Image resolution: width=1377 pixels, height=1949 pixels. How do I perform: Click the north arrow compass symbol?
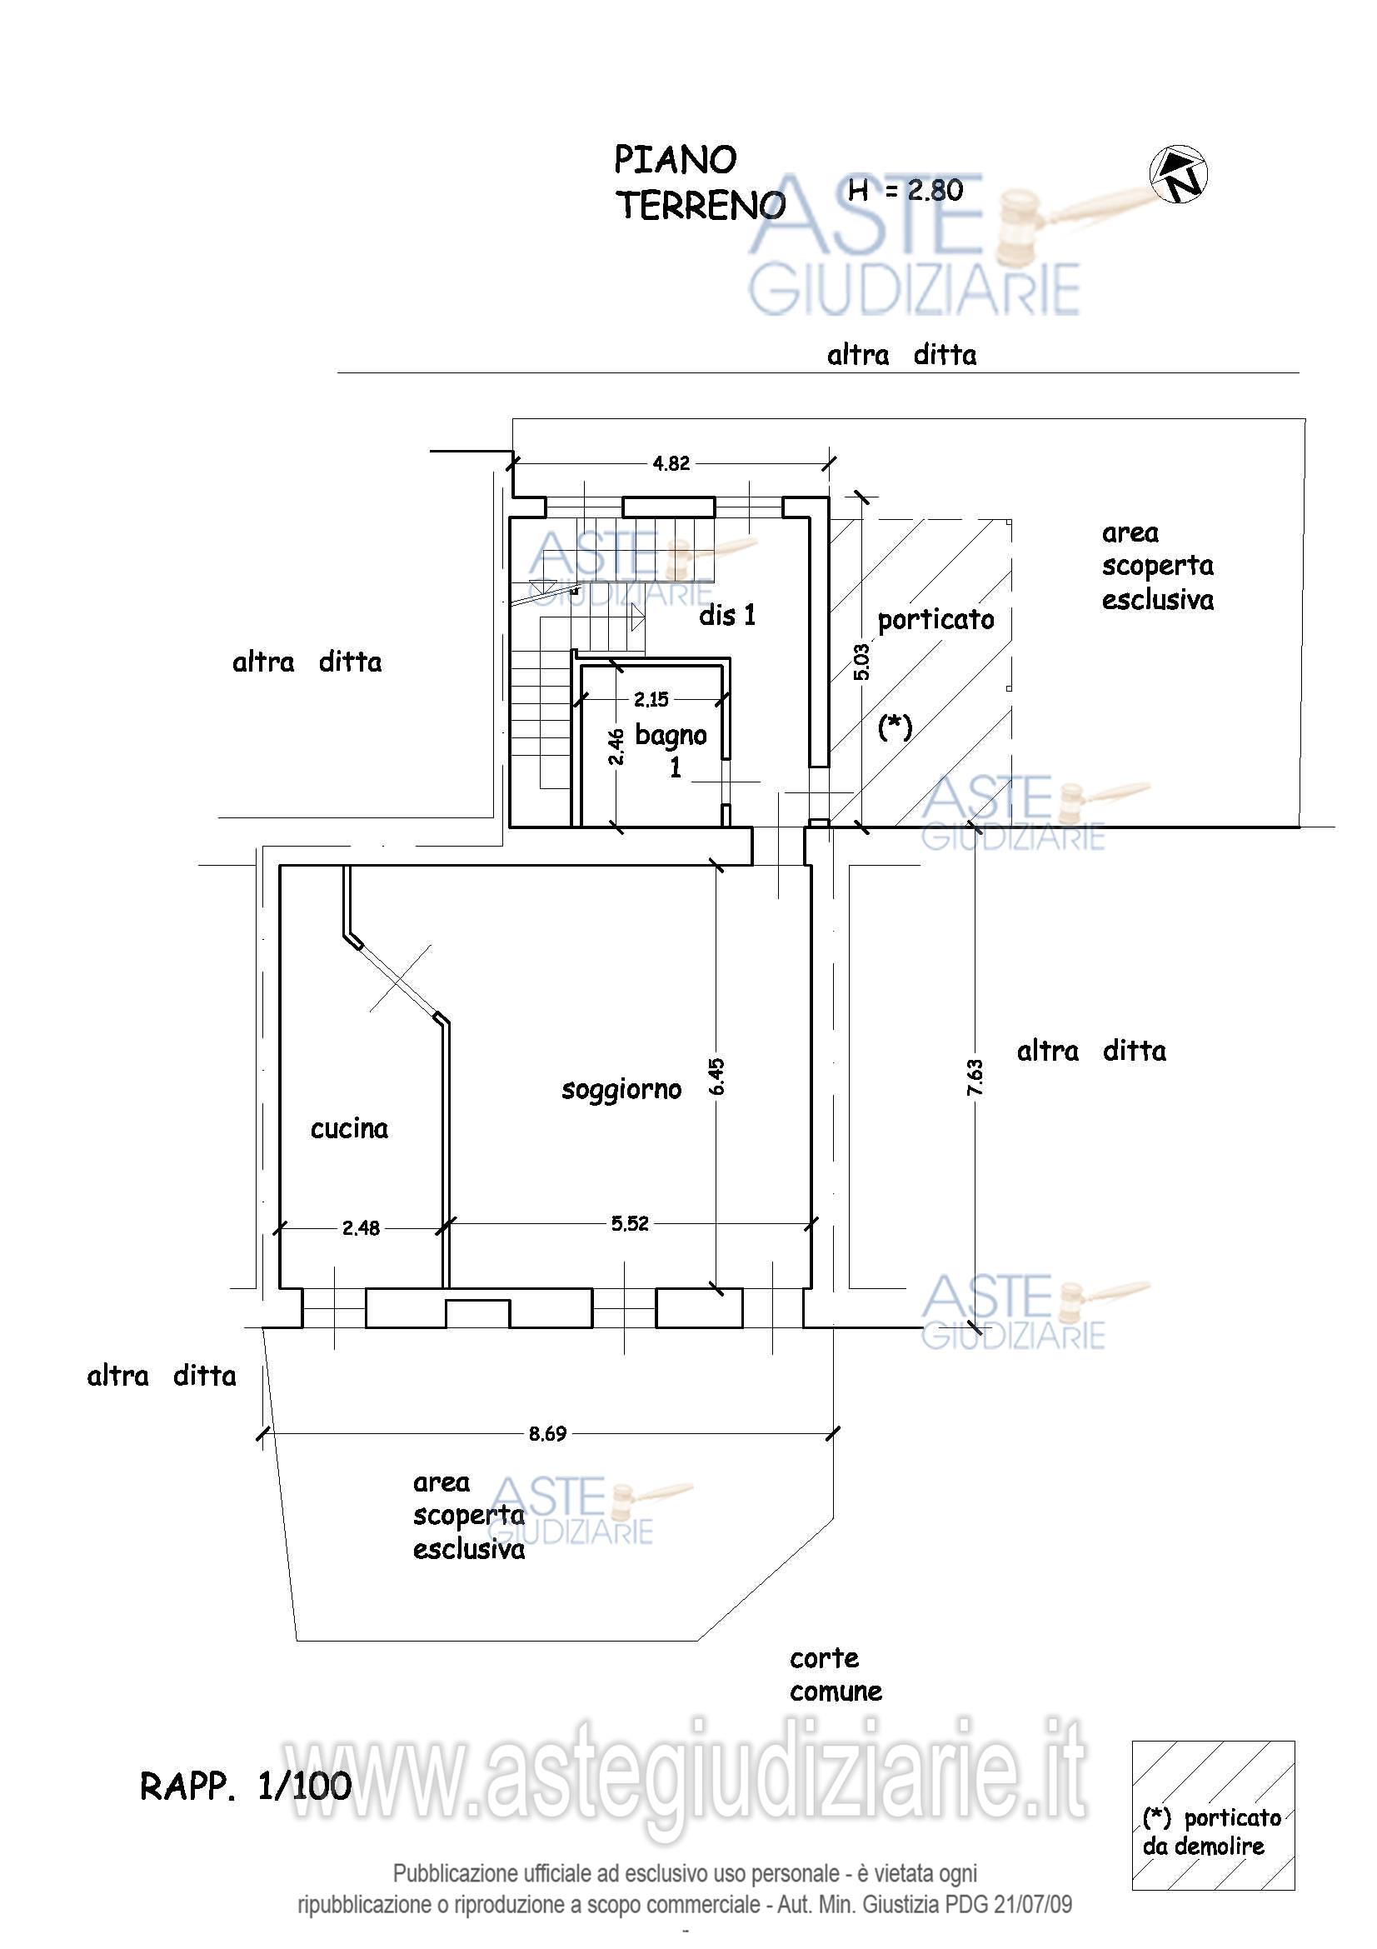pyautogui.click(x=1179, y=175)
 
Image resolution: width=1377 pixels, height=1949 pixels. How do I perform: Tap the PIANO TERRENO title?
pyautogui.click(x=700, y=183)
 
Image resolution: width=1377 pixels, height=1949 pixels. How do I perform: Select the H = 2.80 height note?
pyautogui.click(x=906, y=190)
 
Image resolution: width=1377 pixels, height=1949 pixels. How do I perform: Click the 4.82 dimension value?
pyautogui.click(x=671, y=463)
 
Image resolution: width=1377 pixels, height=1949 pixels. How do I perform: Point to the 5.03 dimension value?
pyautogui.click(x=861, y=662)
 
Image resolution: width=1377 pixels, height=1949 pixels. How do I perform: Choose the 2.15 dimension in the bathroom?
pyautogui.click(x=651, y=699)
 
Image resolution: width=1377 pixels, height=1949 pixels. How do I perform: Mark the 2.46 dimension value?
pyautogui.click(x=616, y=746)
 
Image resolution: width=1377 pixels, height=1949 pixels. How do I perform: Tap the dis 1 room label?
pyautogui.click(x=727, y=616)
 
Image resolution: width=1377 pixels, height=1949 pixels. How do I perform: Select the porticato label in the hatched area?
pyautogui.click(x=935, y=620)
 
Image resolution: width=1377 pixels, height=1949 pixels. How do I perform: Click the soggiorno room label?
pyautogui.click(x=622, y=1090)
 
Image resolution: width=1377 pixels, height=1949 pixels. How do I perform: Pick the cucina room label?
pyautogui.click(x=350, y=1128)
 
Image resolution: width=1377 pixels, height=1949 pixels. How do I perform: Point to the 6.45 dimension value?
pyautogui.click(x=717, y=1076)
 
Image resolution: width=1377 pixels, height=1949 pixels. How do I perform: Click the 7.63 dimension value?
pyautogui.click(x=975, y=1077)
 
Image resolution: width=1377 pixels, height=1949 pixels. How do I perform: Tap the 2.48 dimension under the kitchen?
pyautogui.click(x=362, y=1227)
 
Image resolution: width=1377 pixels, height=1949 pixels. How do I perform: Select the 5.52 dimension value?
pyautogui.click(x=630, y=1223)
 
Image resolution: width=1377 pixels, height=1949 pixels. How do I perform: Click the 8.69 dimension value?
pyautogui.click(x=547, y=1434)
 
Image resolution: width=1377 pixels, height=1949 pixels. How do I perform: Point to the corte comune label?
pyautogui.click(x=836, y=1675)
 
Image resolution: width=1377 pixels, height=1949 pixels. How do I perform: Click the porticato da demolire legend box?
pyautogui.click(x=1213, y=1815)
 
